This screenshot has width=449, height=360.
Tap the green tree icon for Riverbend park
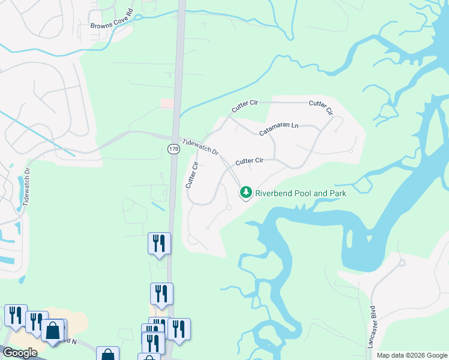[x=245, y=193]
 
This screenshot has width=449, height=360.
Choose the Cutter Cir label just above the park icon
[x=249, y=161]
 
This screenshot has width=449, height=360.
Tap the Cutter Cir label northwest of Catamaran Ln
[x=244, y=107]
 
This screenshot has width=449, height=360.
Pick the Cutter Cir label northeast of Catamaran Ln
[x=321, y=107]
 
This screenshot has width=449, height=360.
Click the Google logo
[x=19, y=353]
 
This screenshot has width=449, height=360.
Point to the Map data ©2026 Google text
[x=412, y=355]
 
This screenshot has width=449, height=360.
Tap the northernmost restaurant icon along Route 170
[x=159, y=242]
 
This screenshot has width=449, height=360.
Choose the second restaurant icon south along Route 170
[x=161, y=293]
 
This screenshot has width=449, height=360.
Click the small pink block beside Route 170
[x=167, y=103]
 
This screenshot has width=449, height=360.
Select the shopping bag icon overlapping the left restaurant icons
[x=53, y=330]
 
